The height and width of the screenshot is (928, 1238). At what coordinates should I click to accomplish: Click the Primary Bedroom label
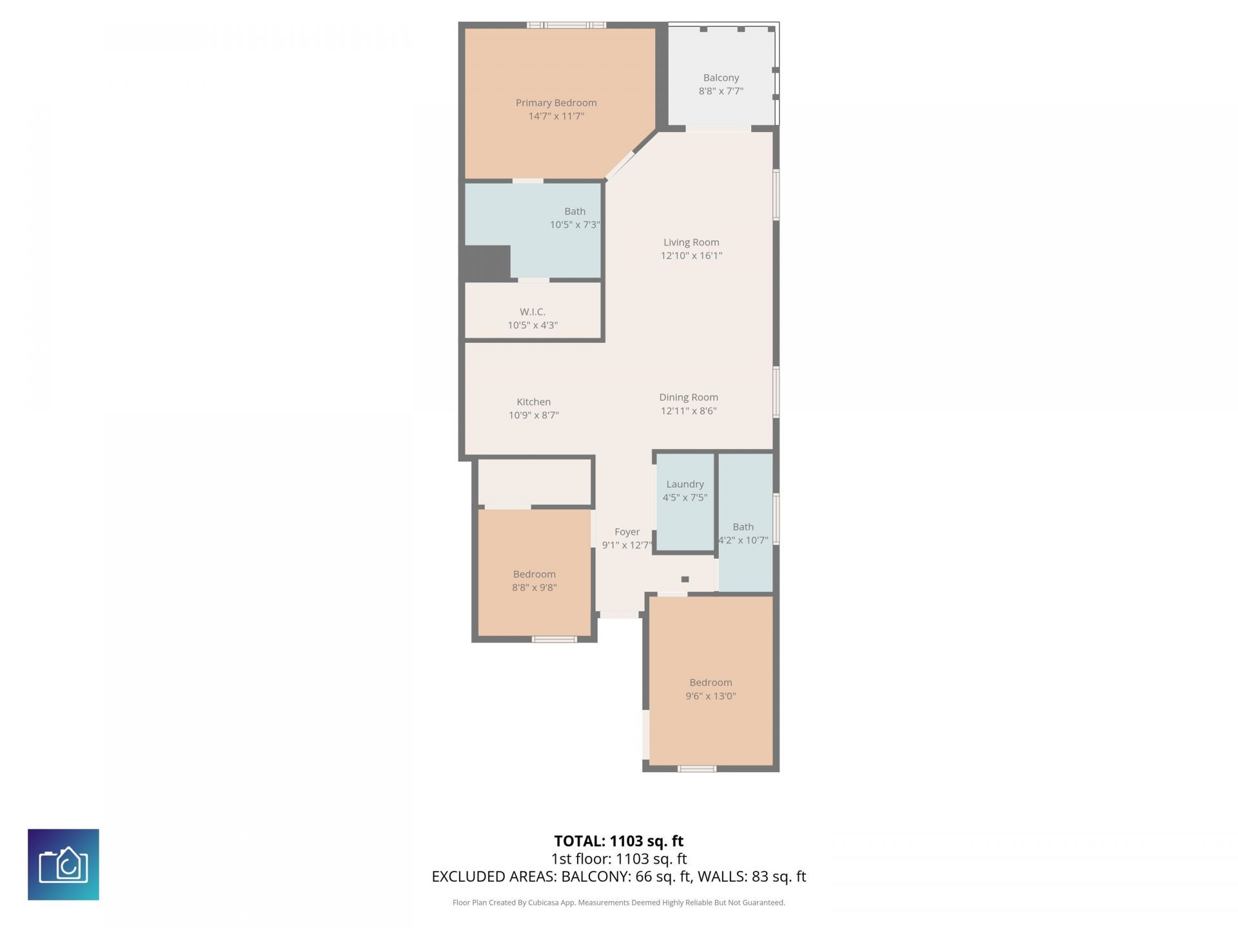(x=556, y=102)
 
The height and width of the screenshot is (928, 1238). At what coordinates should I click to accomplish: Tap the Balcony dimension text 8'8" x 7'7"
(x=721, y=91)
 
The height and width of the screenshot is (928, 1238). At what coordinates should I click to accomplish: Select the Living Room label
(x=691, y=242)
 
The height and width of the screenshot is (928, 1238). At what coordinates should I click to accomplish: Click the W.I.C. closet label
(x=533, y=312)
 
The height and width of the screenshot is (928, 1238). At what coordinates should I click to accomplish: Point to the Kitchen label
(x=533, y=401)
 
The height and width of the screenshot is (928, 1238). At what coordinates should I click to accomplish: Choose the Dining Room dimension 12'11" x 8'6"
(x=689, y=411)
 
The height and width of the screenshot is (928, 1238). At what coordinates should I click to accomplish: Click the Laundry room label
(x=685, y=484)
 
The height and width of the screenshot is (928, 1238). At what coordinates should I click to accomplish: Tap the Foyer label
(x=627, y=532)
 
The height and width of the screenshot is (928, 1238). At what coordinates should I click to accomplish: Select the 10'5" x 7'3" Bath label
(x=575, y=218)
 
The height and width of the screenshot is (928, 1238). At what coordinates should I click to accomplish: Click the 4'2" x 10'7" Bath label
(x=743, y=534)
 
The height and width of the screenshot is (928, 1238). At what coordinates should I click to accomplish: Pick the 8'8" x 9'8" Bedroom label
(x=534, y=581)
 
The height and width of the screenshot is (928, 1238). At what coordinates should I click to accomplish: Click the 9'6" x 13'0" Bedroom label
(x=711, y=689)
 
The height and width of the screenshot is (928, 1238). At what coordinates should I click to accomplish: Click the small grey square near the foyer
(x=685, y=579)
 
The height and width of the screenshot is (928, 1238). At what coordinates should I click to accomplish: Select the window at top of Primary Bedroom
(x=566, y=25)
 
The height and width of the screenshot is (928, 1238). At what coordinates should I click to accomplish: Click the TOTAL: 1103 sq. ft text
(x=618, y=841)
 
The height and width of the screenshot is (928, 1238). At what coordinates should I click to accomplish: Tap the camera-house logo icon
(x=63, y=864)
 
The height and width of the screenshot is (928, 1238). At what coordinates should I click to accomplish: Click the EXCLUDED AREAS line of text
(x=618, y=876)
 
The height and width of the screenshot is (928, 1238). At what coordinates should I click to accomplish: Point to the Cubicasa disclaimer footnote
(x=618, y=903)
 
